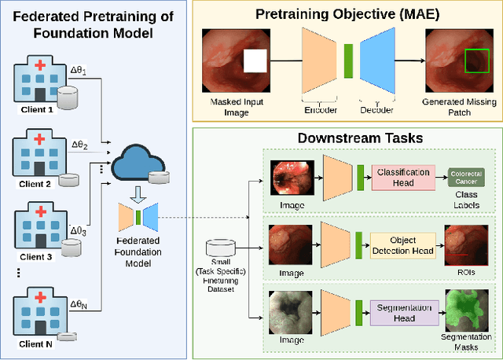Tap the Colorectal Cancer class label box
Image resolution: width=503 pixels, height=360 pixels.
point(462,178)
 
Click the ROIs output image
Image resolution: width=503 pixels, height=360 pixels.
point(461,244)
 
